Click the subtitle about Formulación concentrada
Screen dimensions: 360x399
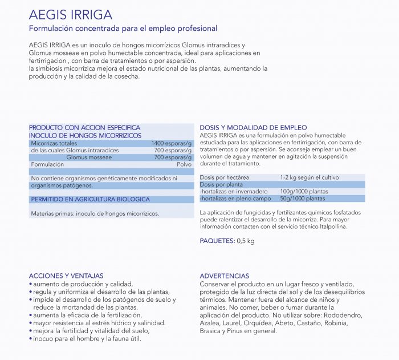[x=123, y=28]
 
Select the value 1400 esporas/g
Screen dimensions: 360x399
[x=172, y=143]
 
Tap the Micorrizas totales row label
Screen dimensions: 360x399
[x=54, y=143]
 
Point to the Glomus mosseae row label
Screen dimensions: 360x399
[x=89, y=157]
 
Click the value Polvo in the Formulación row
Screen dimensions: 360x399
[x=184, y=164]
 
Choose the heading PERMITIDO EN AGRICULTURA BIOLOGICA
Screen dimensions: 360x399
[x=89, y=199]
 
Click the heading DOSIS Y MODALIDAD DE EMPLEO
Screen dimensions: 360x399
[x=253, y=127]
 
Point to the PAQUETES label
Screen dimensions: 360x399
[x=217, y=241]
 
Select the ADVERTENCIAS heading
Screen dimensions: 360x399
[x=224, y=276]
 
